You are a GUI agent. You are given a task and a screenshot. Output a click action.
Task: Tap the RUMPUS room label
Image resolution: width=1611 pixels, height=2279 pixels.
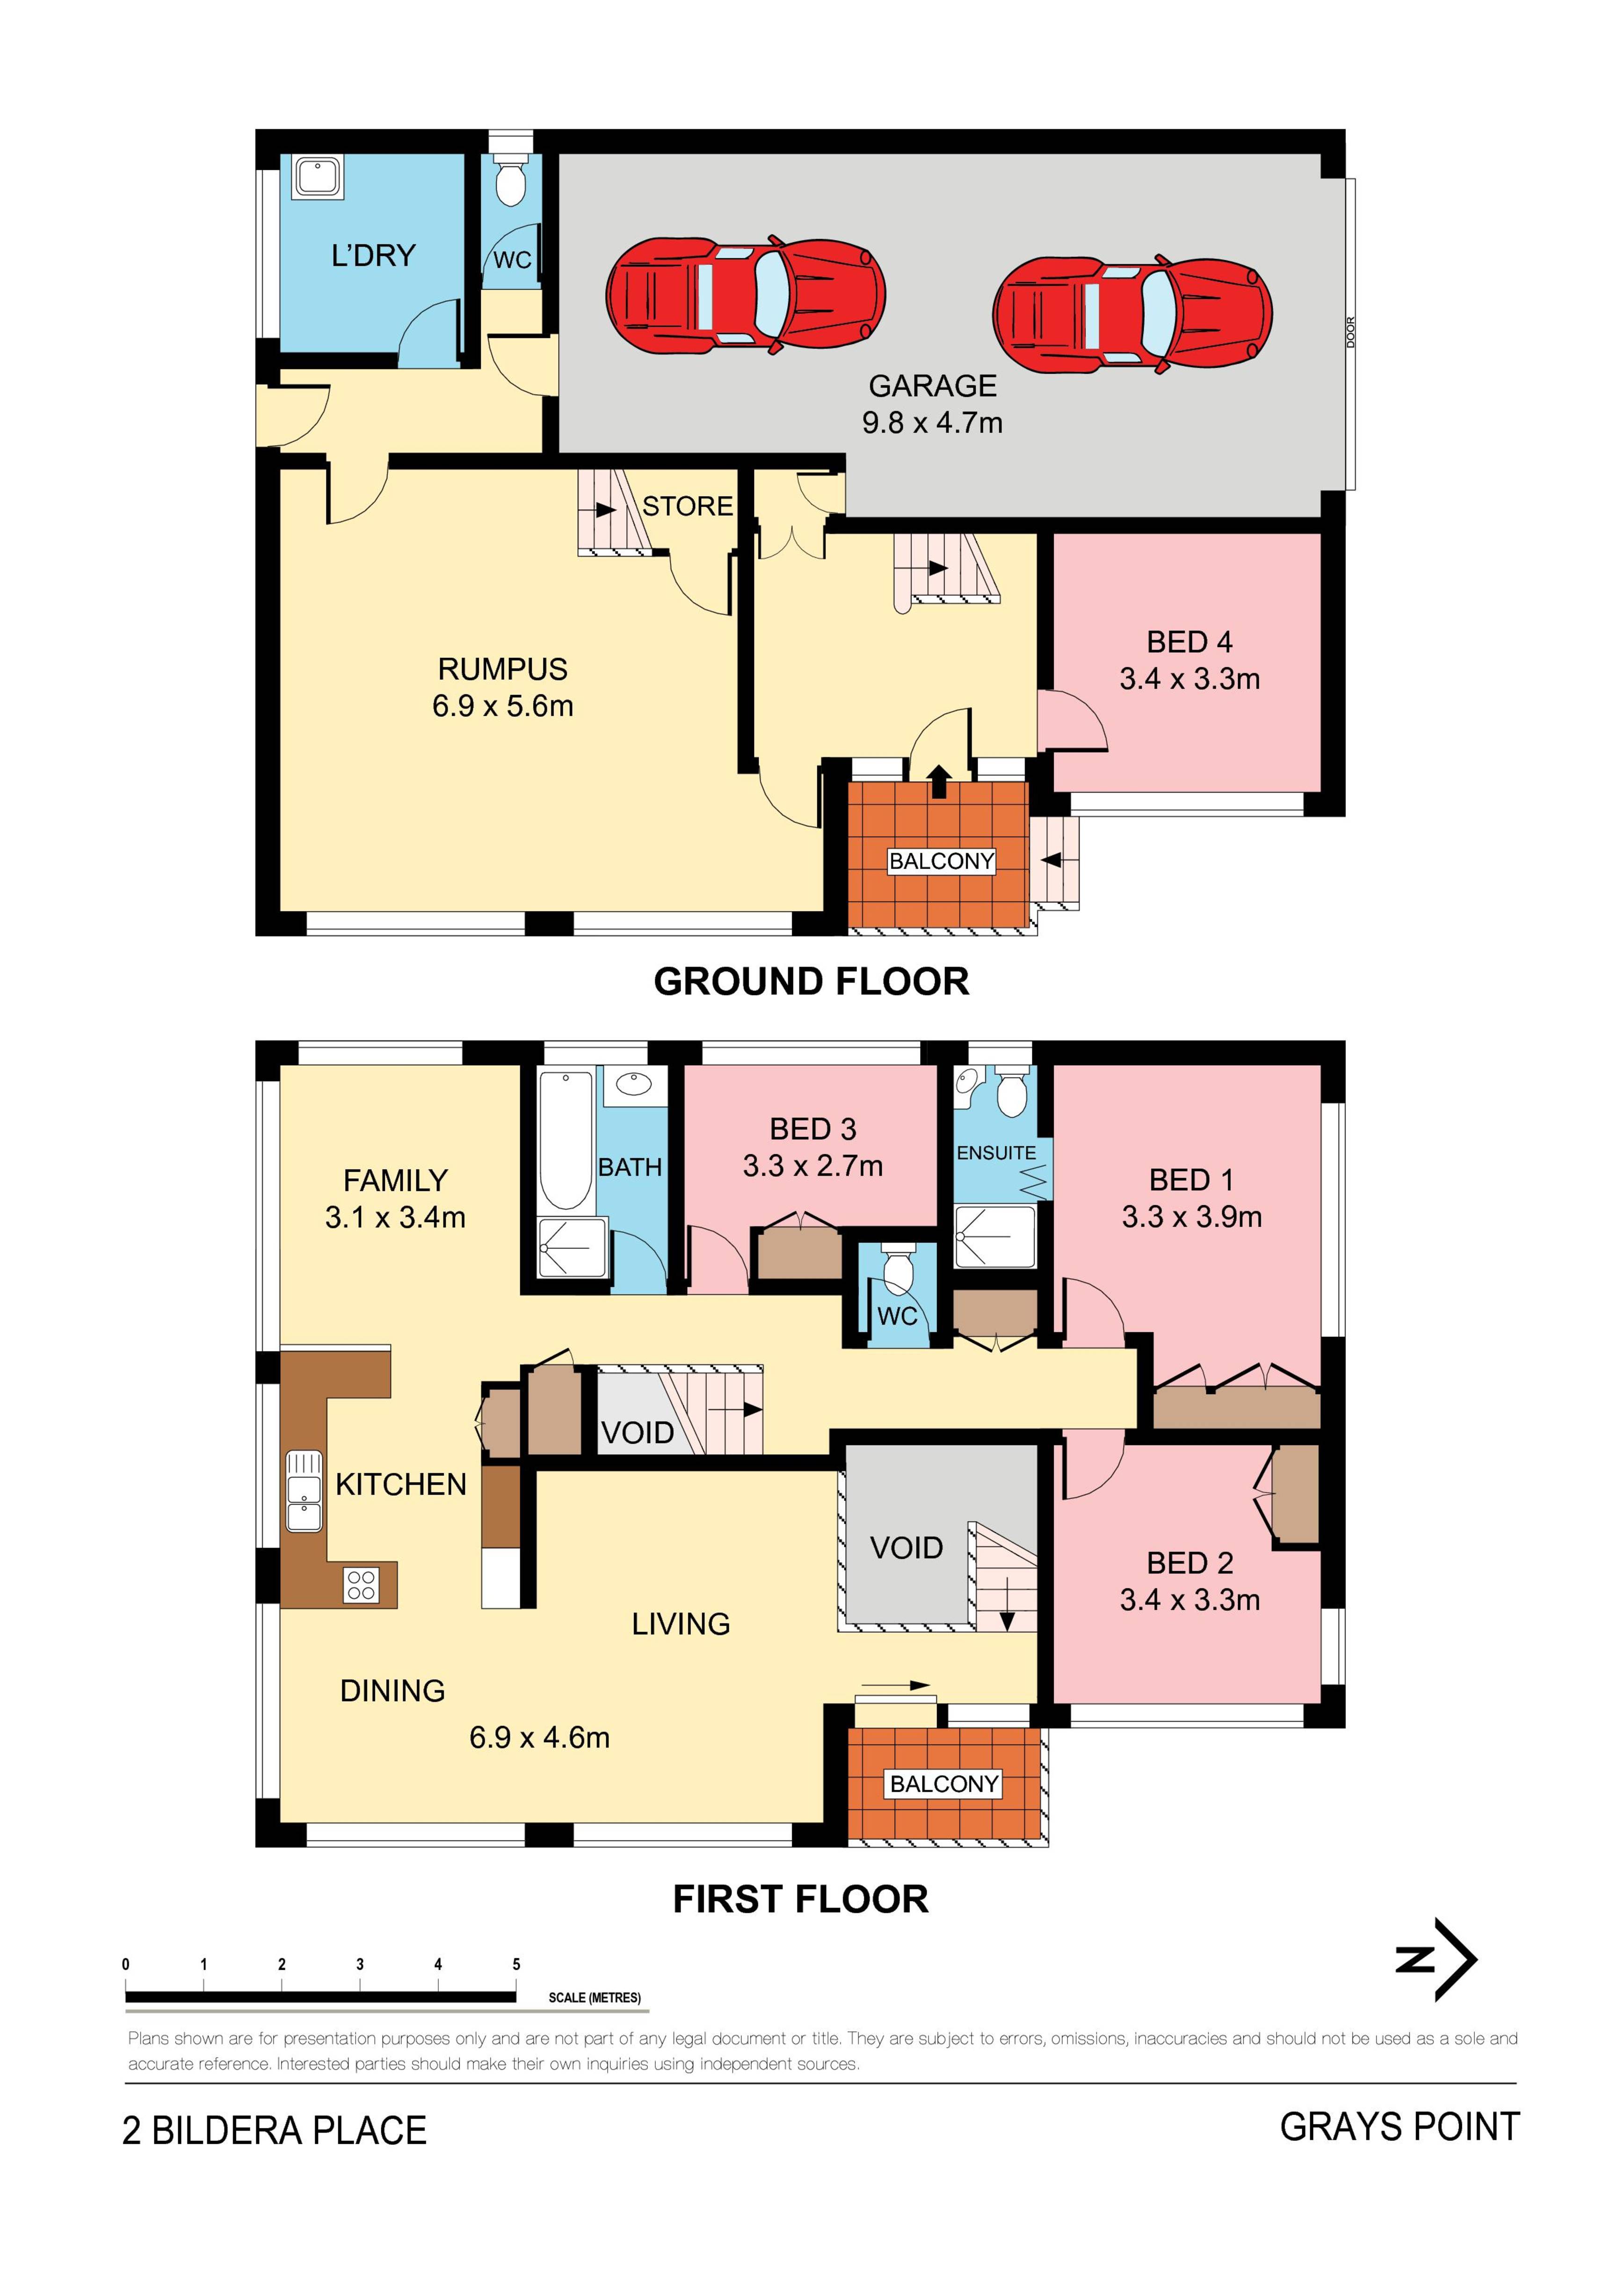coord(502,669)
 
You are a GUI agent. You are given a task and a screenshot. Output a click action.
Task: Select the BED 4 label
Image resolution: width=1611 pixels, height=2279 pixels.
coord(1189,642)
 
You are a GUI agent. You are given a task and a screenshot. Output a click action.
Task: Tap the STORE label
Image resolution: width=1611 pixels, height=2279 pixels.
coord(687,506)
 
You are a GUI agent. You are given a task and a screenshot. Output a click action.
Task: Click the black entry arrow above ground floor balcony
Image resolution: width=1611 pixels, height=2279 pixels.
coord(939,781)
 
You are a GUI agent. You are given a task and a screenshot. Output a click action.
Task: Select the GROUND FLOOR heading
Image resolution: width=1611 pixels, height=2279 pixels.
coord(811,982)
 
